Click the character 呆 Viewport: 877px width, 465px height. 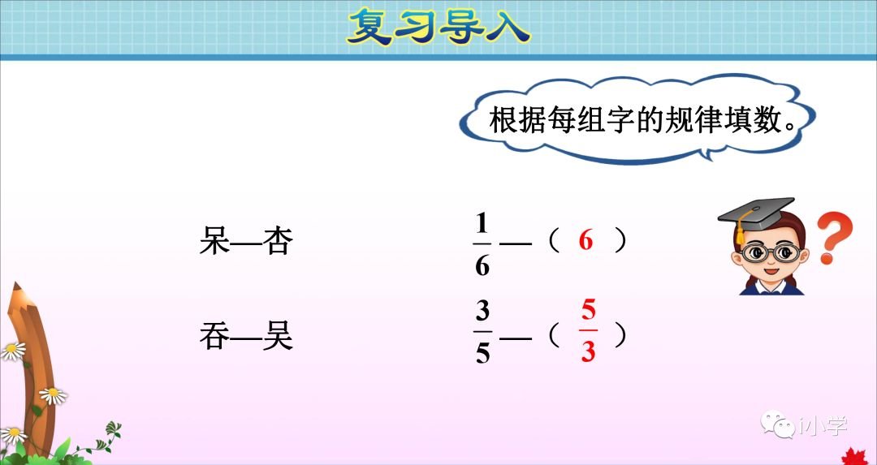pyautogui.click(x=214, y=241)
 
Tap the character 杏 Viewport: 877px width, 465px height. pyautogui.click(x=277, y=241)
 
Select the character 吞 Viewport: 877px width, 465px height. pyautogui.click(x=214, y=335)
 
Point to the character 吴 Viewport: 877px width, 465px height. pyautogui.click(x=277, y=335)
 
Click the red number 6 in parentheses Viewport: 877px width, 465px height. pyautogui.click(x=586, y=241)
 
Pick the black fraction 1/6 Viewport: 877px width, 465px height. pyautogui.click(x=482, y=243)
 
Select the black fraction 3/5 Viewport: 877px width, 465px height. pyautogui.click(x=482, y=333)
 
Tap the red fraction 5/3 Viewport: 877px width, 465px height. pyautogui.click(x=588, y=333)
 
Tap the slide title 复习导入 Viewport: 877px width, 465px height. pyautogui.click(x=438, y=28)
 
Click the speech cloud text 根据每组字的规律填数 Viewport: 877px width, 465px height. pyautogui.click(x=642, y=122)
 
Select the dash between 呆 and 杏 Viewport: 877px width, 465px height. pyautogui.click(x=245, y=242)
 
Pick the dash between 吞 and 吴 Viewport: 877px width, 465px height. pyautogui.click(x=245, y=336)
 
